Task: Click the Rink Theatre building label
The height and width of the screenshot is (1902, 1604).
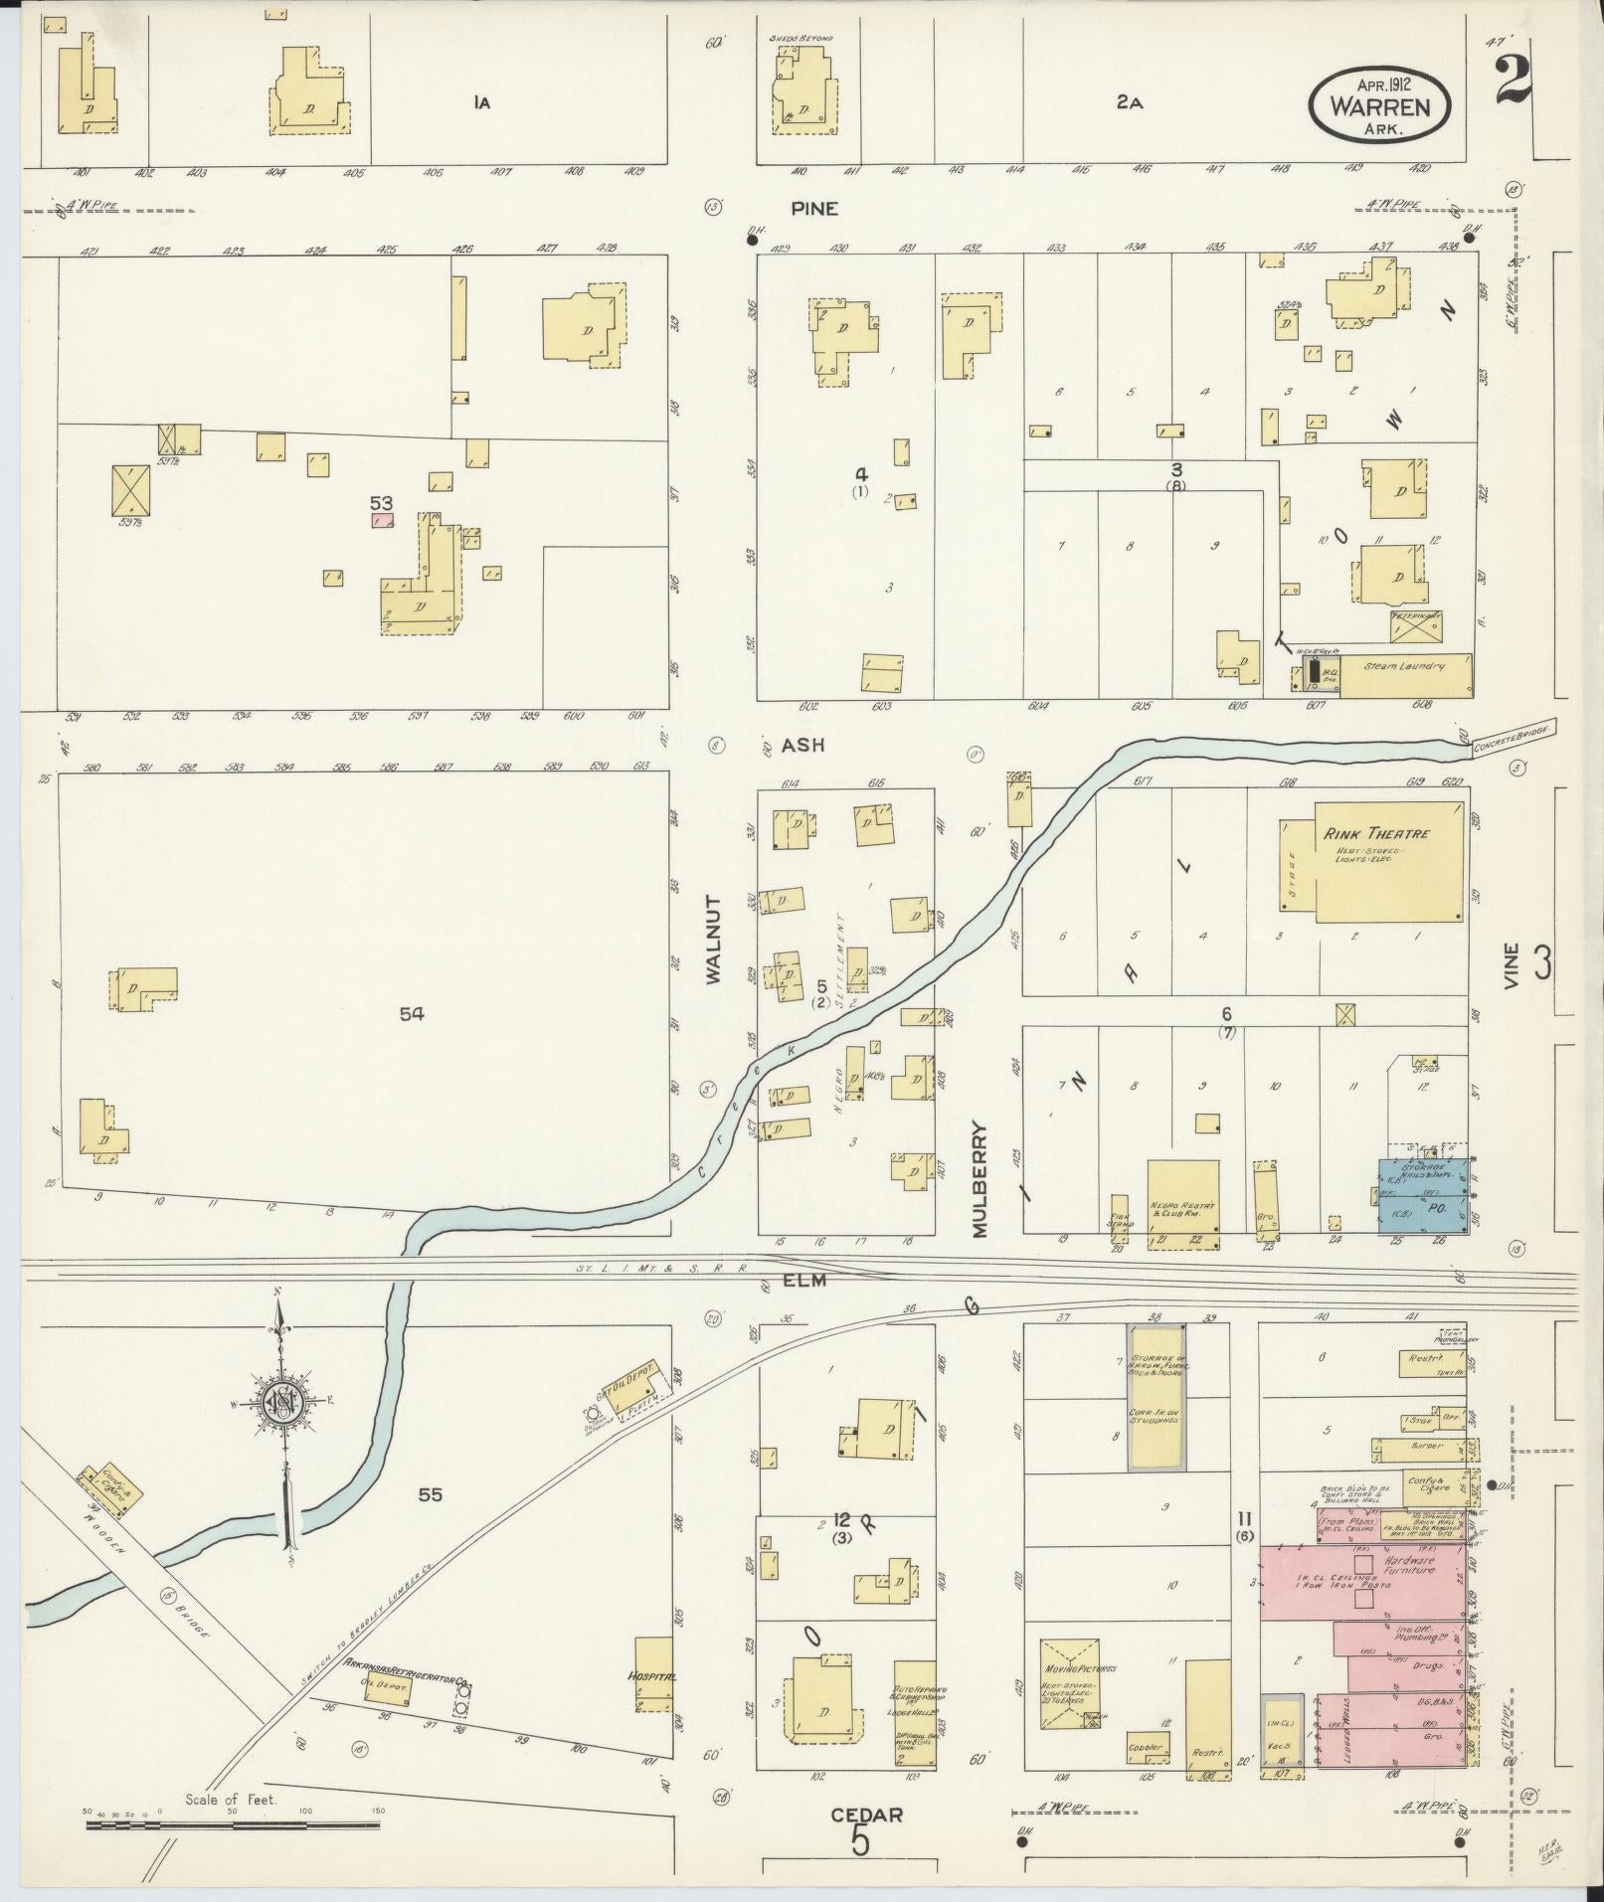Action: (x=1374, y=833)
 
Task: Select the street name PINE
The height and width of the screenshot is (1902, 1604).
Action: (x=814, y=209)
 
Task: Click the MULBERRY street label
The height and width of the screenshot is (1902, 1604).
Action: (x=980, y=1179)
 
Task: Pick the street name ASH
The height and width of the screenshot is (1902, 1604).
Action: (x=802, y=745)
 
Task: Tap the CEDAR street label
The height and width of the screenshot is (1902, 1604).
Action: (x=866, y=1816)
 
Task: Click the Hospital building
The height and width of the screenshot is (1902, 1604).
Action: (x=652, y=1675)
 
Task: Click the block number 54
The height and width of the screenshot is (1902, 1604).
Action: (x=411, y=1014)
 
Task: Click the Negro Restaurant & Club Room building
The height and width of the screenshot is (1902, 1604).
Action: (x=1182, y=1202)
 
